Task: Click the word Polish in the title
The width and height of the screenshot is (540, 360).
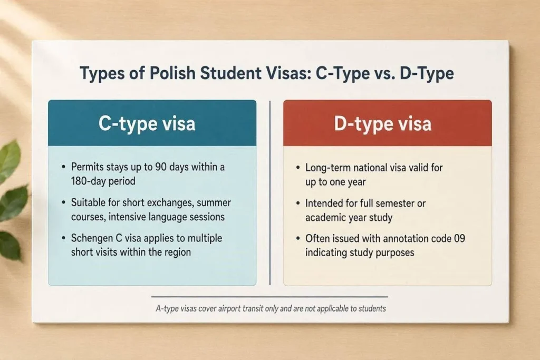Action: click(x=172, y=73)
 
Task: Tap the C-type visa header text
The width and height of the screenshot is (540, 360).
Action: click(x=147, y=124)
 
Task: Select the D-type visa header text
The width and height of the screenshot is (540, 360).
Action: click(x=383, y=124)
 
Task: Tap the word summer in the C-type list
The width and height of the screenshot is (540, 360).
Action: click(x=214, y=203)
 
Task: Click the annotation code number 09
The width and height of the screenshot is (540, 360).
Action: click(x=459, y=239)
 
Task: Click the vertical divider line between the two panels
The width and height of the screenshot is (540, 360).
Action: click(x=270, y=193)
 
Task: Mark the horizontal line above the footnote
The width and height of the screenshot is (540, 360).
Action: click(x=269, y=297)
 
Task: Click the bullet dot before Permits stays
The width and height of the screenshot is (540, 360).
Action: click(x=63, y=167)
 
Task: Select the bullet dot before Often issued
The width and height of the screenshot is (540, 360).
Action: click(x=298, y=239)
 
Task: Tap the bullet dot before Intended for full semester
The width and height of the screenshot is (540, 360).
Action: click(x=298, y=203)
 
